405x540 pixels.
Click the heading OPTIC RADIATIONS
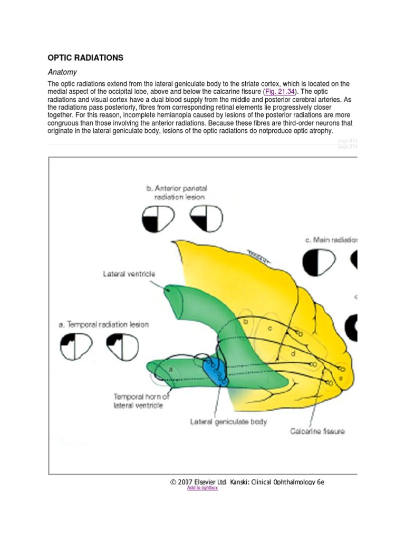coord(85,57)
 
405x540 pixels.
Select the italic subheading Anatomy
coord(62,72)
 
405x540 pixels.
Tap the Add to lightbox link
coord(202,488)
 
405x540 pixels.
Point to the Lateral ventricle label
coord(129,274)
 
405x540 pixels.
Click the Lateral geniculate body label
coord(228,421)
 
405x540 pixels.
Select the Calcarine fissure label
coord(317,431)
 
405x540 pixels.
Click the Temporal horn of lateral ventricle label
coord(141,401)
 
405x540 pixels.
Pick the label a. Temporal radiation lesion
coord(103,324)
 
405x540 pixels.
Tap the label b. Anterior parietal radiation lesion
coord(177,192)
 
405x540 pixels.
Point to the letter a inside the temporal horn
coord(170,370)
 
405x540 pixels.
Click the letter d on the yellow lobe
coord(293,354)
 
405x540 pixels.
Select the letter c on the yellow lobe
coord(270,329)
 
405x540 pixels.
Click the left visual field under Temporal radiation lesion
coord(76,346)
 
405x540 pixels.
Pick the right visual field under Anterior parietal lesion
coord(206,218)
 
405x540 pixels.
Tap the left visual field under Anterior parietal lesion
coord(158,218)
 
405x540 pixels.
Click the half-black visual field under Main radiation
coord(319,262)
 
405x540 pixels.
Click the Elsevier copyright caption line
coord(247,481)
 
